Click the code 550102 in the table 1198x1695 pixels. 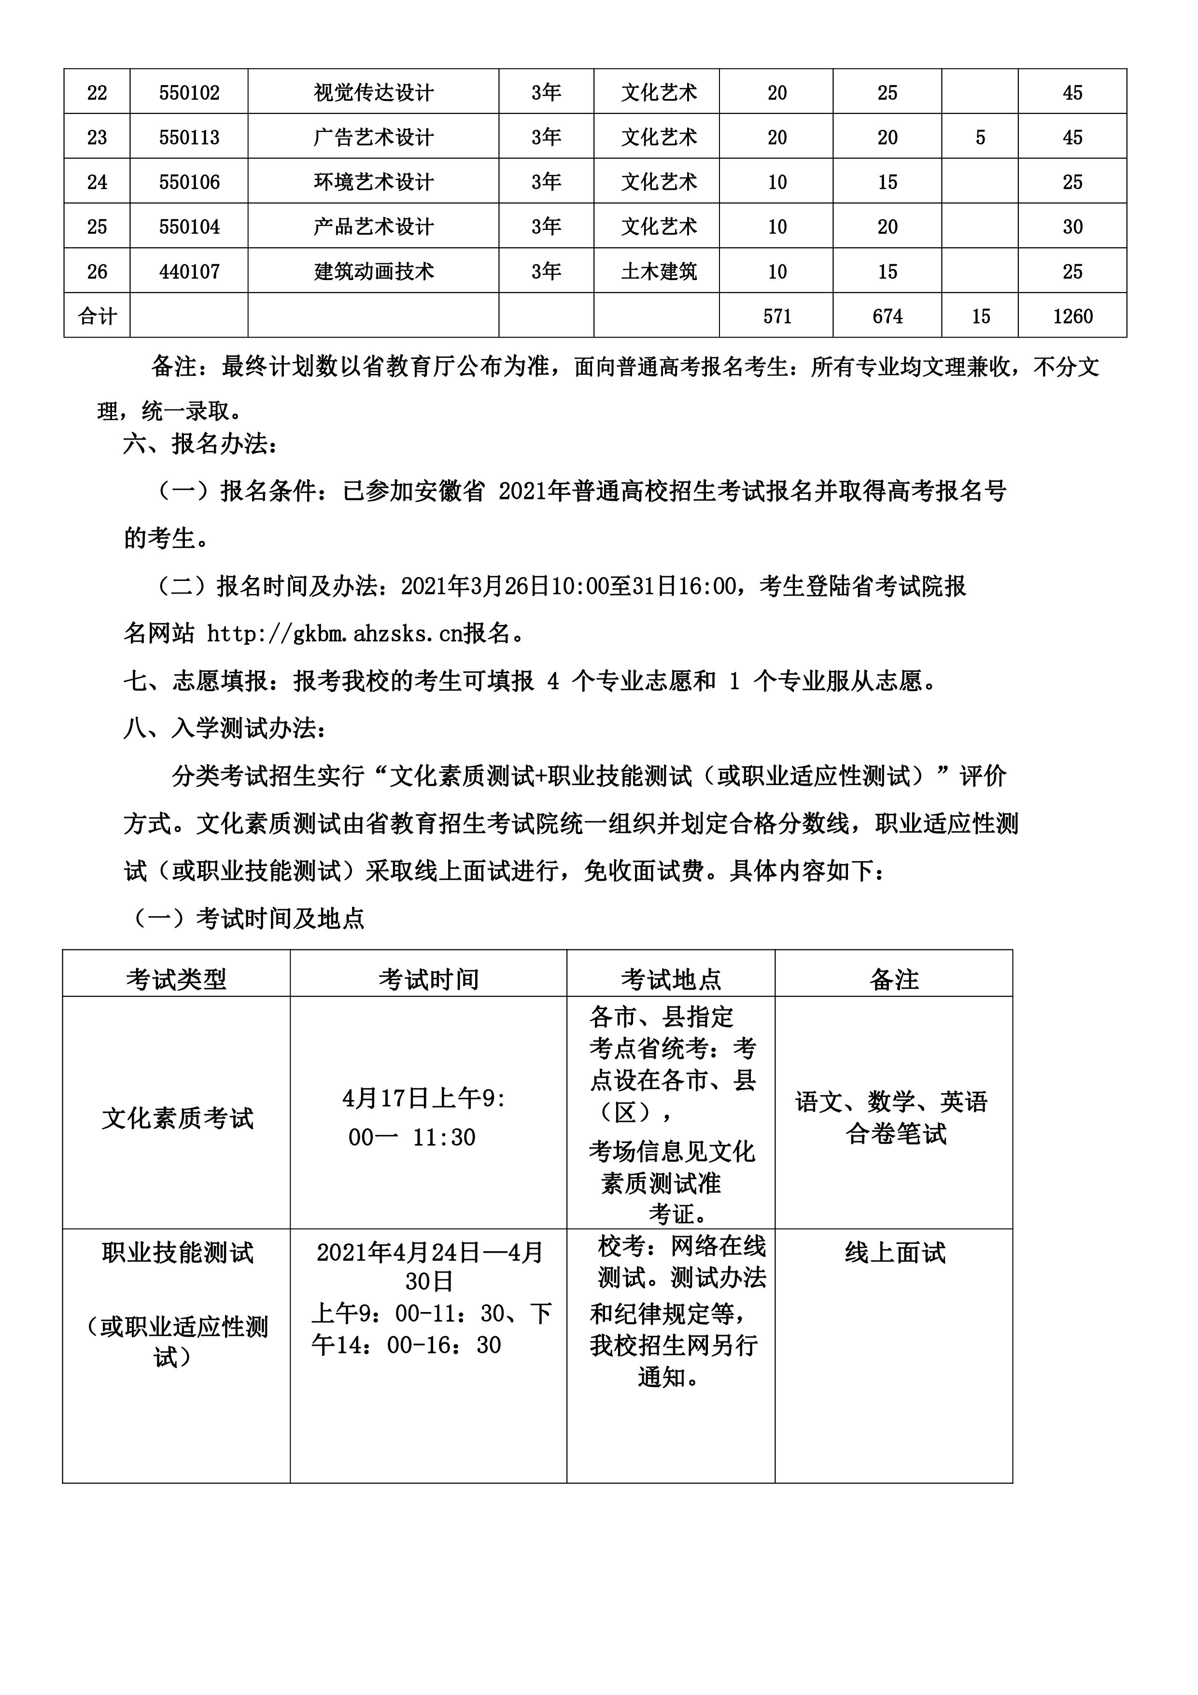189,93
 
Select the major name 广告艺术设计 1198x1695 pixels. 373,137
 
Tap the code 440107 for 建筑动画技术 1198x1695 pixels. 189,272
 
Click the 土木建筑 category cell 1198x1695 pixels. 659,272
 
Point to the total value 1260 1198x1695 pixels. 1072,317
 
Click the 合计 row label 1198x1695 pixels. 98,317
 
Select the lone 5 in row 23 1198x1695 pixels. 980,137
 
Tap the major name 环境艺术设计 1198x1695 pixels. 373,183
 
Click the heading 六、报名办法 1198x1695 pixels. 201,444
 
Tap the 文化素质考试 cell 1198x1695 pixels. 177,1118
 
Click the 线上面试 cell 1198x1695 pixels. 895,1253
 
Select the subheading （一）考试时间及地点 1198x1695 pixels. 248,918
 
